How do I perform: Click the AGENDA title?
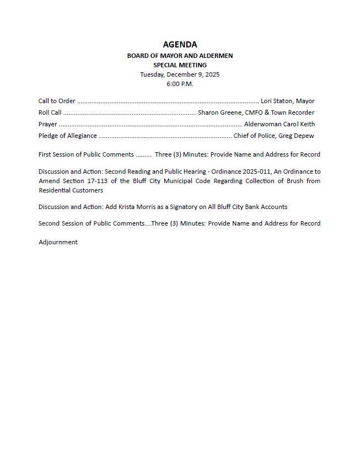click(180, 45)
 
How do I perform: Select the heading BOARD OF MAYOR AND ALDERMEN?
click(180, 56)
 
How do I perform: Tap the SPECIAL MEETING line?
click(180, 65)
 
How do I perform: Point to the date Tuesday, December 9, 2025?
click(180, 74)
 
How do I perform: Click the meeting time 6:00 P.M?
click(180, 84)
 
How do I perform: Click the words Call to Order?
click(57, 101)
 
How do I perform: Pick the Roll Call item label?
click(50, 113)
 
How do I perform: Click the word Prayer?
click(48, 124)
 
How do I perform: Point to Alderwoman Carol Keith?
click(280, 124)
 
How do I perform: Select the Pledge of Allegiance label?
click(68, 136)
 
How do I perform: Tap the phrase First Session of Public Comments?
click(86, 154)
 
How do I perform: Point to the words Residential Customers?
click(71, 190)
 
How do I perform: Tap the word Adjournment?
click(58, 242)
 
